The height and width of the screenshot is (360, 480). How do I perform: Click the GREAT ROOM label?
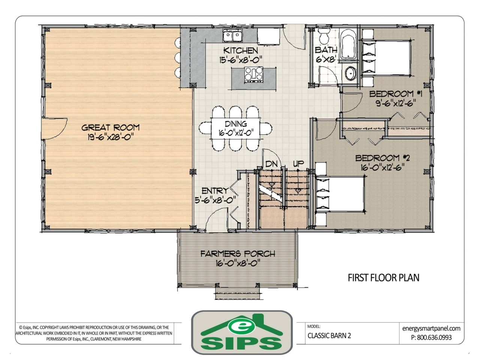[110, 127]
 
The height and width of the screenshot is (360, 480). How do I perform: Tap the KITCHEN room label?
[240, 50]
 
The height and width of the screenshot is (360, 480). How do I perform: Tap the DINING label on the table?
[236, 124]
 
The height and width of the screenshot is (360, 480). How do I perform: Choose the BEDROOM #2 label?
[383, 158]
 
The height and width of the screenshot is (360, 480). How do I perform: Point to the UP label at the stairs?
[298, 163]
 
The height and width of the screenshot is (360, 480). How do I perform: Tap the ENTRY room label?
[215, 190]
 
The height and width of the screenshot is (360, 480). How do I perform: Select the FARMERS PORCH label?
[237, 254]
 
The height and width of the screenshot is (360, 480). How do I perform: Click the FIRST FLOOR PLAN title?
[383, 277]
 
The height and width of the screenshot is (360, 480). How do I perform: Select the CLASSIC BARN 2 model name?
[330, 336]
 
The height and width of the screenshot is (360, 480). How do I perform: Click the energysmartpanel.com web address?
[431, 328]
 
